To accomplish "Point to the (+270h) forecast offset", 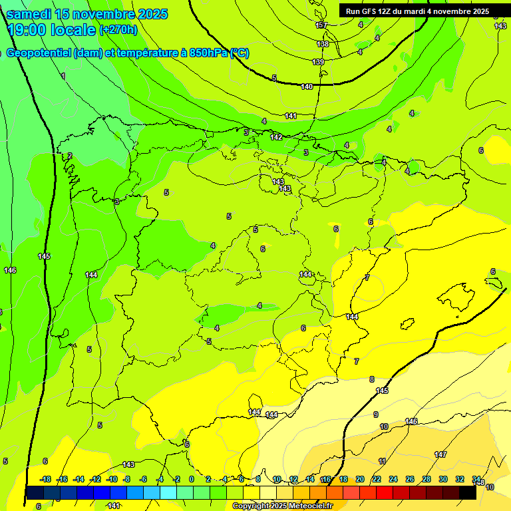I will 118,29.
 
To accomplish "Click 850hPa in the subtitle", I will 208,53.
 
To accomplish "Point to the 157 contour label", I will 322,25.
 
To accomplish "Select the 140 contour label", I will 307,86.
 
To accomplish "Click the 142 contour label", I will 276,137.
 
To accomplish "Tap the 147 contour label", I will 440,454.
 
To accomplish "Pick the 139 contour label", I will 318,62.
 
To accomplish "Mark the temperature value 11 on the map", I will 382,461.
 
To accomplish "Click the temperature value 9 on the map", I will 375,415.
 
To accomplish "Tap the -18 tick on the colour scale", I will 45,479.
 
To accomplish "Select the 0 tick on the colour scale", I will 192,479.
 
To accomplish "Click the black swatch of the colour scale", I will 467,493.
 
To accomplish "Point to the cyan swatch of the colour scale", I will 168,493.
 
